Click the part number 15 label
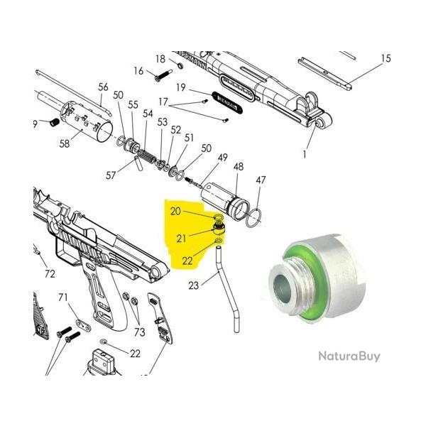coord(386,58)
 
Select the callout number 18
coord(160,58)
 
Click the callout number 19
coord(181,87)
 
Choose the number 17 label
coord(164,102)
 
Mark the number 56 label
coord(104,87)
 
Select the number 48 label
coord(239,166)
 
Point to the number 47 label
coord(261,180)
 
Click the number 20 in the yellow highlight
coord(175,211)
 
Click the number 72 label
coord(49,273)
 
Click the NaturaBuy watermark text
coord(348,356)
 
